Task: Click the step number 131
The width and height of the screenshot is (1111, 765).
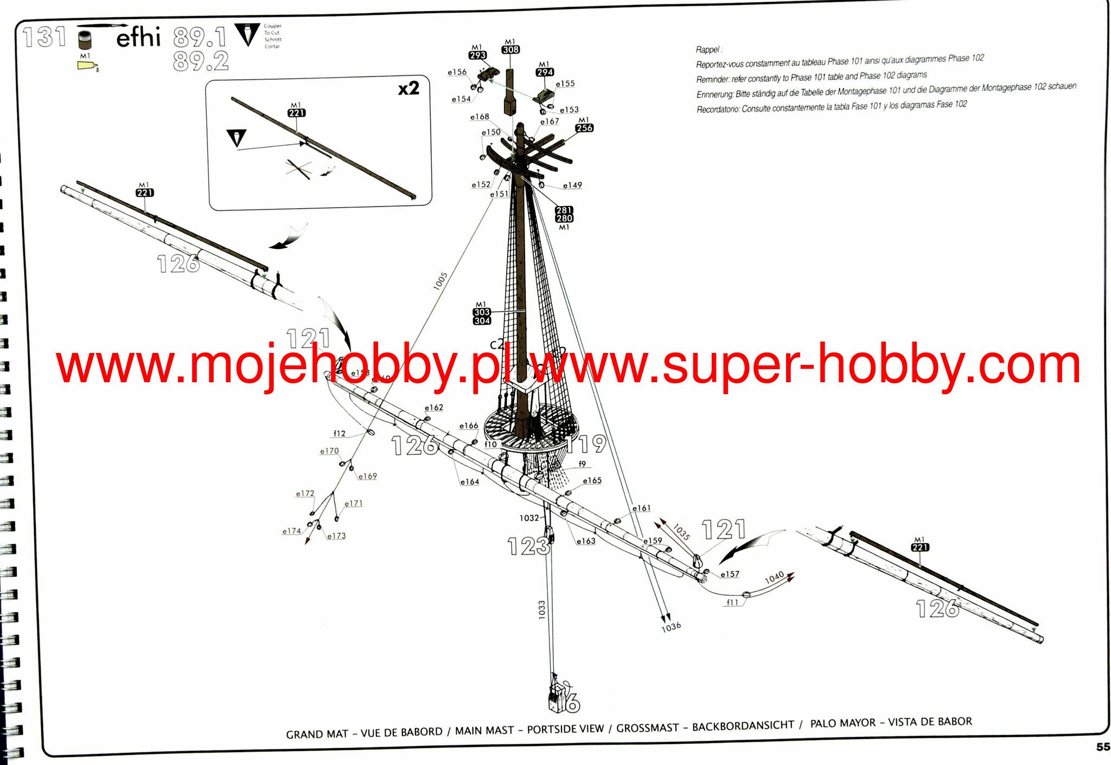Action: [44, 37]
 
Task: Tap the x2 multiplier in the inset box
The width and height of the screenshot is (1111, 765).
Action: [408, 88]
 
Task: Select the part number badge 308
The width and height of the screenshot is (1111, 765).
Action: [510, 49]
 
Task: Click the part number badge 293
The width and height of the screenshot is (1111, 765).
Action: [477, 55]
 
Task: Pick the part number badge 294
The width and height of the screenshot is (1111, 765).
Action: [545, 72]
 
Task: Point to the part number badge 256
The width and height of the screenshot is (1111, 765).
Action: [584, 128]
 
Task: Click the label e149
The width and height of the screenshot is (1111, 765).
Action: [572, 185]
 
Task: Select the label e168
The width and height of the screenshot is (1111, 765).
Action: [480, 117]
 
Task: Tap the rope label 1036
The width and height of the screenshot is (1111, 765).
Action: [671, 627]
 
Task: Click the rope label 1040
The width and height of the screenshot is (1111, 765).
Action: [774, 577]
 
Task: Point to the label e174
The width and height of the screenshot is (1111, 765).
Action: [291, 531]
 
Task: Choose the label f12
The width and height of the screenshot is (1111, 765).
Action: [339, 434]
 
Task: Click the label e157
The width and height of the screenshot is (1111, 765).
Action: [730, 574]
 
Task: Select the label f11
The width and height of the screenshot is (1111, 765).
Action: [732, 602]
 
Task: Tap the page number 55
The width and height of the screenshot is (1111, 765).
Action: [1103, 747]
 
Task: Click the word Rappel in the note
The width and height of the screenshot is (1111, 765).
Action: [708, 50]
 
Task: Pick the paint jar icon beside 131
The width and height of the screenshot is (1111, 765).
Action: [85, 40]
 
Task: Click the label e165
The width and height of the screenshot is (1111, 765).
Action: [592, 481]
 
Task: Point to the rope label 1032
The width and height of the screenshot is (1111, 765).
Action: [529, 518]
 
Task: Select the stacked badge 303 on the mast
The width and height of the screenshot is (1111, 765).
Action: [482, 312]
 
